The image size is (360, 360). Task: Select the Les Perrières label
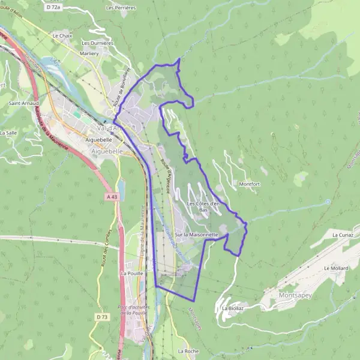coord(121,8)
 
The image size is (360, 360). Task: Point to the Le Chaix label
coord(62,36)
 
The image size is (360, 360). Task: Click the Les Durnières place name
coord(97,43)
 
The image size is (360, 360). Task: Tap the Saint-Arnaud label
coord(20,103)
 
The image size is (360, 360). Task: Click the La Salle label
coord(8,133)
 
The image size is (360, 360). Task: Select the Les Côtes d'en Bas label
coord(204,207)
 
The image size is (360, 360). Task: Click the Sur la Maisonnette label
coord(196,234)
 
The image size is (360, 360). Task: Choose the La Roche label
coord(188,351)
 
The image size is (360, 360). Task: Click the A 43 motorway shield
coord(110,196)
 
